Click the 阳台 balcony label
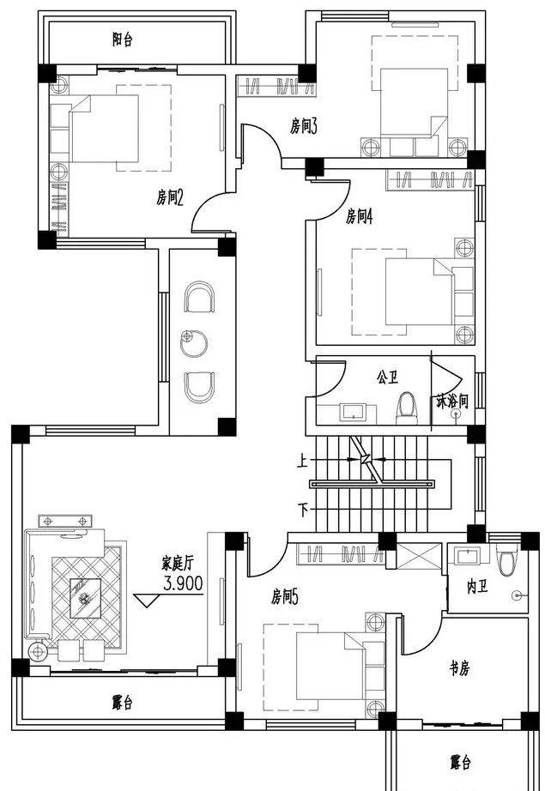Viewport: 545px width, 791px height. point(122,39)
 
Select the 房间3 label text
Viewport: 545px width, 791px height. point(304,128)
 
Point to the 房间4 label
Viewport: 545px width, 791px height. point(359,217)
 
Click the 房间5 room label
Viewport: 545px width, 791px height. point(284,595)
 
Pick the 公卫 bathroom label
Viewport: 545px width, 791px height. point(386,377)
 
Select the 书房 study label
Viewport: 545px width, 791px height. point(460,667)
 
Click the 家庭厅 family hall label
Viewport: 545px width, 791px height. point(179,564)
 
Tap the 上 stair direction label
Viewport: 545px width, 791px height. point(302,461)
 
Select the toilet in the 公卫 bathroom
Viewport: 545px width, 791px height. point(406,409)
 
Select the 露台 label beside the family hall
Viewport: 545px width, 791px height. point(122,703)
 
